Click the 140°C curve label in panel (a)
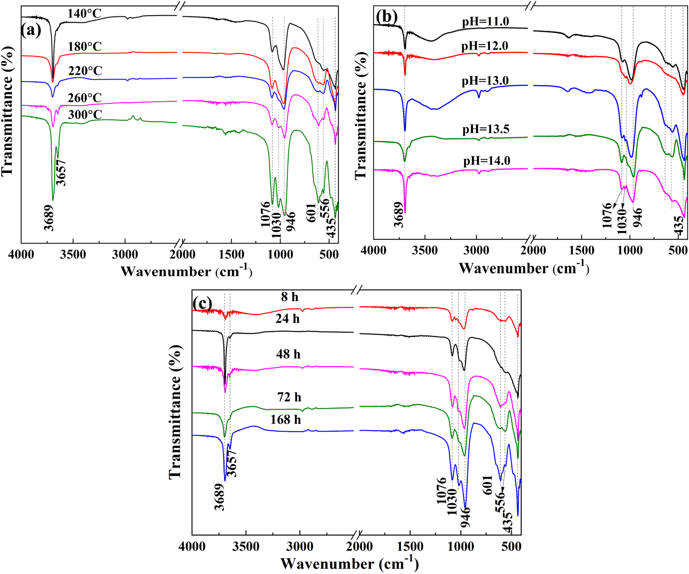coord(84,14)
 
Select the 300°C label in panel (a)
coord(85,115)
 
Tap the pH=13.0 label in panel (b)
coord(485,81)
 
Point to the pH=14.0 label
coord(486,161)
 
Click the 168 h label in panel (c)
coord(285,420)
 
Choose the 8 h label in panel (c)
coord(290,297)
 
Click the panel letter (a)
coord(31,30)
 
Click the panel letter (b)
coord(387,16)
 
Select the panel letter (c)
coord(202,303)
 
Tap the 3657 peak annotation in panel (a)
coord(61,173)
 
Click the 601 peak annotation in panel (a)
coord(311,213)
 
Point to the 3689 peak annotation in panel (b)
coord(399,214)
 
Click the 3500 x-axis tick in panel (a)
coord(73,254)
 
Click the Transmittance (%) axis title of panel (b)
coord(361,115)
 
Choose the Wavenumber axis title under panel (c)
coord(349,564)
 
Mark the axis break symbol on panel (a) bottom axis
coord(181,243)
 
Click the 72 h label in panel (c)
coord(289,397)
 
